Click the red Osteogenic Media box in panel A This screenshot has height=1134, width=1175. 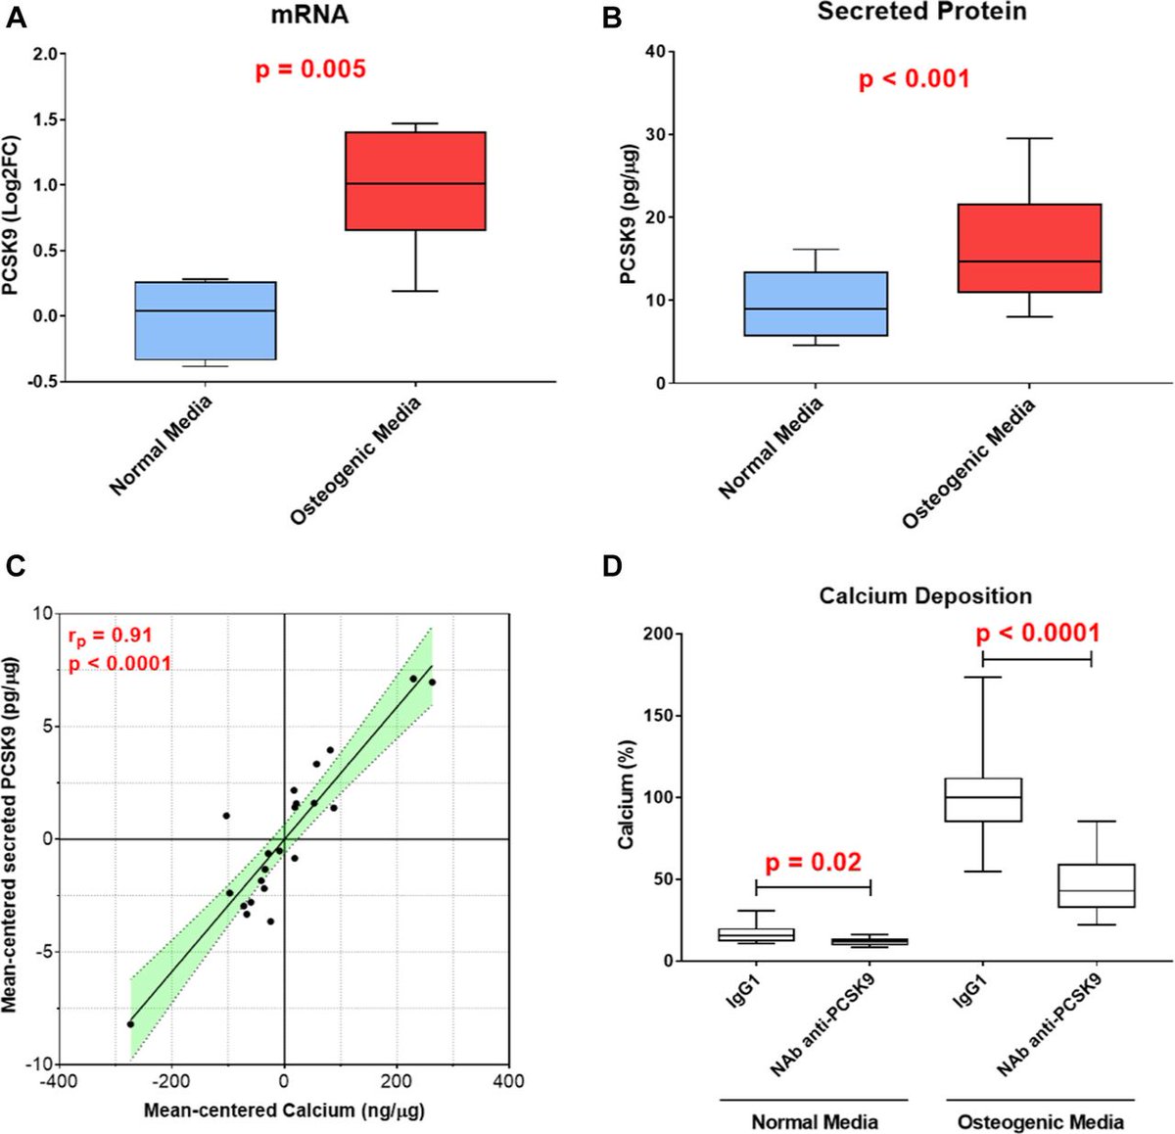[x=415, y=181]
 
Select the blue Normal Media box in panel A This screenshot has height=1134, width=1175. [x=205, y=320]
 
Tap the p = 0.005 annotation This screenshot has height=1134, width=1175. [x=310, y=70]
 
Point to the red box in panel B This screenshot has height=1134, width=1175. [x=1030, y=248]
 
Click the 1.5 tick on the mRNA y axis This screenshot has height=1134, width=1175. [x=43, y=119]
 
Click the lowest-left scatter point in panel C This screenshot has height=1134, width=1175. [x=130, y=1024]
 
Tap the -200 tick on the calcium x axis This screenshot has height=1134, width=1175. [x=171, y=1082]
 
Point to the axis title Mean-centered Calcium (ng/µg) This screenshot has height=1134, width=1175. [x=284, y=1110]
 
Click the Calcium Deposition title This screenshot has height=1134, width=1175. [x=925, y=596]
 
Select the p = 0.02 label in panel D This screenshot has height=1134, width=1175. [x=813, y=863]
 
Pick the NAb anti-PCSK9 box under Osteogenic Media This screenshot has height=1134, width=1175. [x=1063, y=885]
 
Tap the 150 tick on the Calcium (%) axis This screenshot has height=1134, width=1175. [x=658, y=716]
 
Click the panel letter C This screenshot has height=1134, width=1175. [x=15, y=565]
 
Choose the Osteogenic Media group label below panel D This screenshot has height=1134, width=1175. [x=1040, y=1122]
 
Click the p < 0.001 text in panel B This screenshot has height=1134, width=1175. [x=914, y=79]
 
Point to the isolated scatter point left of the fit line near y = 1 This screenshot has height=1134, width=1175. [x=226, y=816]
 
